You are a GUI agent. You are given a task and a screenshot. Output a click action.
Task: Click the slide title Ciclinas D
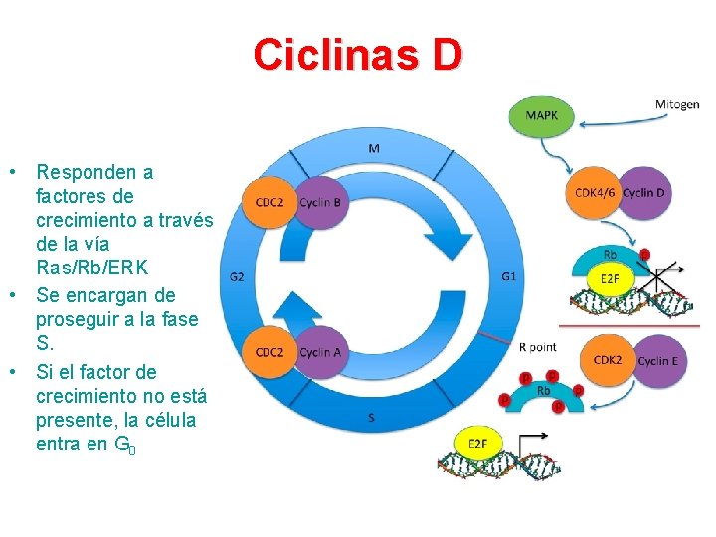coord(358,55)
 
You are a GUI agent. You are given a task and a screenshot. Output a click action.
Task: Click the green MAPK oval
coord(541,115)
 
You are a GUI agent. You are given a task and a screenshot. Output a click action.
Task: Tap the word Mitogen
coord(676,105)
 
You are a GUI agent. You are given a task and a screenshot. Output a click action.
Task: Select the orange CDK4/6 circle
coord(596,192)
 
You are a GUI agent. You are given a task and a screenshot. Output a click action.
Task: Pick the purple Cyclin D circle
coord(644,192)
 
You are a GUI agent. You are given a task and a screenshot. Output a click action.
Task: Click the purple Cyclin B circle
coord(320,203)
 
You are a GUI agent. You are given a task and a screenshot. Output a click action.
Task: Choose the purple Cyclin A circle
coord(320,352)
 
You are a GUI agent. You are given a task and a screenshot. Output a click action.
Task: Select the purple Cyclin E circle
coord(657,361)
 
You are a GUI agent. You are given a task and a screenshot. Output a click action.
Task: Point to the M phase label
coord(374,149)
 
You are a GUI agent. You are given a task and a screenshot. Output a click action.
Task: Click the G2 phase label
coord(237,277)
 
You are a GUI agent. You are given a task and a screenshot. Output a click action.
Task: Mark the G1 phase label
coord(508,275)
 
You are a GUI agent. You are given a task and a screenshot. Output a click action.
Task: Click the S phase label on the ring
coord(371,418)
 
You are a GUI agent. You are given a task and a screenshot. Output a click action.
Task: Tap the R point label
coord(538,346)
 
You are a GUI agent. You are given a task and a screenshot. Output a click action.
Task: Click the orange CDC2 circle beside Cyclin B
coord(269,203)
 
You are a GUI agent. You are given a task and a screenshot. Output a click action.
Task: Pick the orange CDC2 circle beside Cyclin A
coord(269,352)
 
